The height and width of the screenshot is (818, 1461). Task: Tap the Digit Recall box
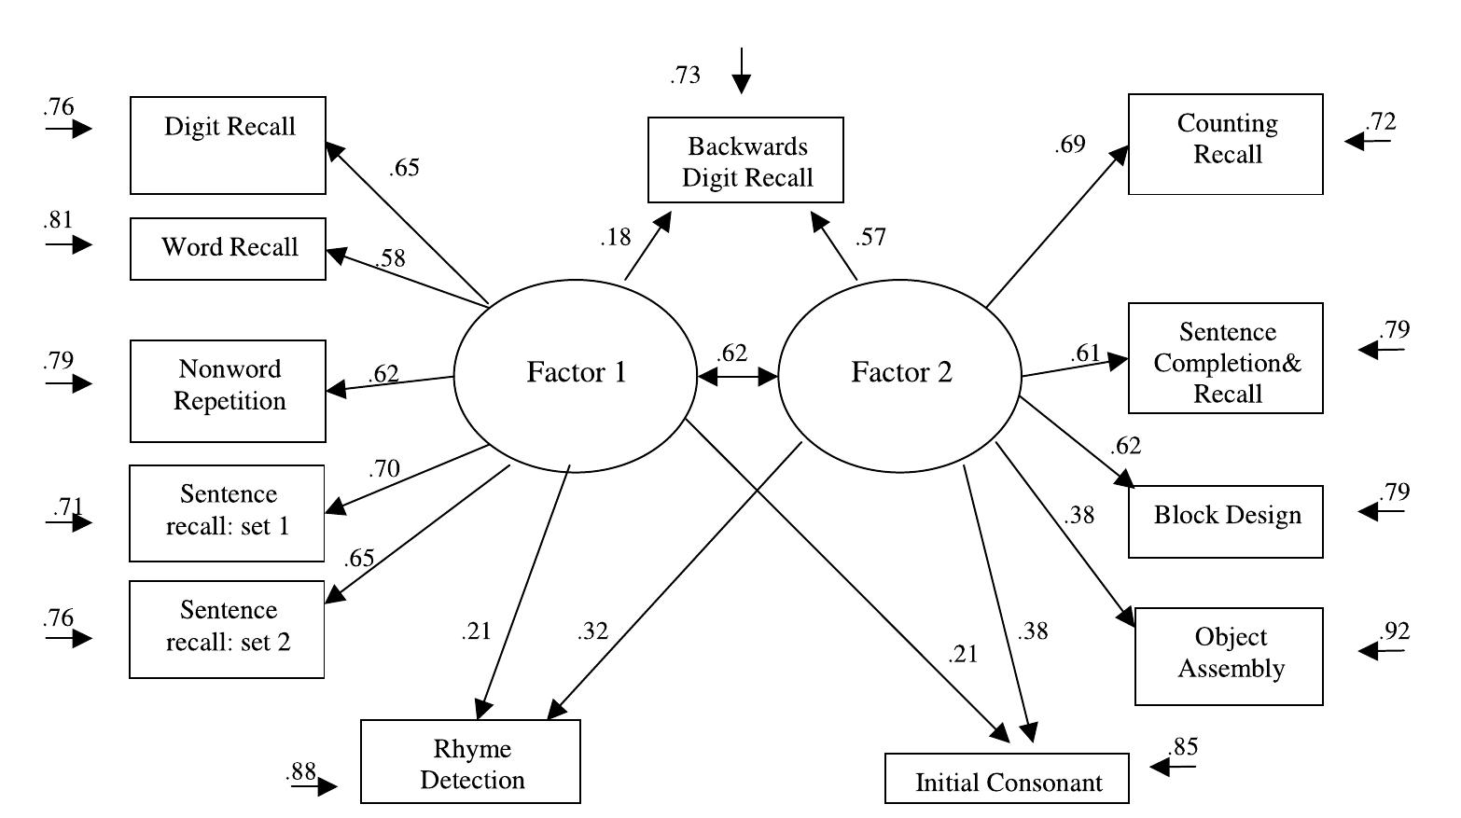[228, 146]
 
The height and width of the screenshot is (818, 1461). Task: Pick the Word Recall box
[228, 249]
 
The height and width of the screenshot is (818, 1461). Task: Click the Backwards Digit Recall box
[745, 160]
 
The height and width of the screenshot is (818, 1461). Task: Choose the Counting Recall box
[1225, 144]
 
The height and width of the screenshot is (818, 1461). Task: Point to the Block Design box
[1225, 521]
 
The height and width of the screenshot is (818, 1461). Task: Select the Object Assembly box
[1229, 656]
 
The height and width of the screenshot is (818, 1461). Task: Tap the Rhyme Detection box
[470, 761]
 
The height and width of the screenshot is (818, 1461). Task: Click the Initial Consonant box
[1007, 780]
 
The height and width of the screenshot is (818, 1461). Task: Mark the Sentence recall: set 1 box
[227, 513]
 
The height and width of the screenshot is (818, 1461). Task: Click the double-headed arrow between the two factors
[737, 377]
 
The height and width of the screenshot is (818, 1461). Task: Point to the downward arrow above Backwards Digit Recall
[741, 71]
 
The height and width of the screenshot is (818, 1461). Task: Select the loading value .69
[1069, 145]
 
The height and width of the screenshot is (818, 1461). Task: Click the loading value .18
[615, 238]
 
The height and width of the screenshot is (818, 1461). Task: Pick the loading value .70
[383, 468]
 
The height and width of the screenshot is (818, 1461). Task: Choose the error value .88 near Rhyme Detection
[301, 771]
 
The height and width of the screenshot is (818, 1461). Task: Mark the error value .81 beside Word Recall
[58, 220]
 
